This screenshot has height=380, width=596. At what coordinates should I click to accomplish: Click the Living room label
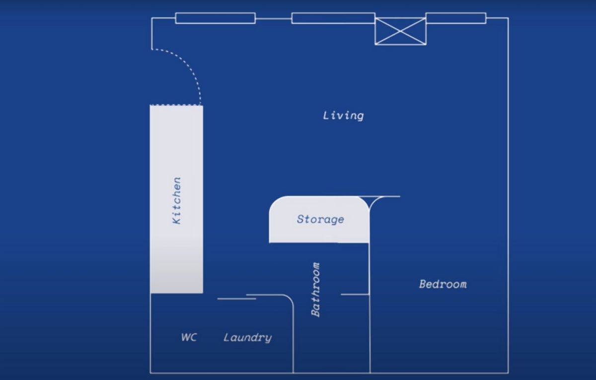343,116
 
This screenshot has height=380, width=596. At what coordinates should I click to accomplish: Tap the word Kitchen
176,200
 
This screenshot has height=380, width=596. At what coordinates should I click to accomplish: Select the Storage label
320,219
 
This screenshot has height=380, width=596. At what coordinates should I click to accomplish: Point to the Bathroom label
315,290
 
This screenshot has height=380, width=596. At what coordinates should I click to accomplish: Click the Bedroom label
443,284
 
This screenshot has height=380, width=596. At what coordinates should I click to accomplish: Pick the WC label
189,337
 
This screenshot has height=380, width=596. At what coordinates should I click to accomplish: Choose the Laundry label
247,338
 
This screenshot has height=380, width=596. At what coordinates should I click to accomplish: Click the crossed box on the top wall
400,31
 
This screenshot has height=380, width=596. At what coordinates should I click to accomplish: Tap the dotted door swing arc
189,69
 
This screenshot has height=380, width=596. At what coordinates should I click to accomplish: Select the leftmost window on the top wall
215,18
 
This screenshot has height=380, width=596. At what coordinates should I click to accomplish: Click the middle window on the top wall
333,18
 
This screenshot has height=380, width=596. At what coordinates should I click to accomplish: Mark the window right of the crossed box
455,18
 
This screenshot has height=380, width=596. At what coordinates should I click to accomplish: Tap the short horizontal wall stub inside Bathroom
355,294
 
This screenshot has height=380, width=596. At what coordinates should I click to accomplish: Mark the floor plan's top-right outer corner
508,18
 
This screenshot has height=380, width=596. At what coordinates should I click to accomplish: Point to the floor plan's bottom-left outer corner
150,373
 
